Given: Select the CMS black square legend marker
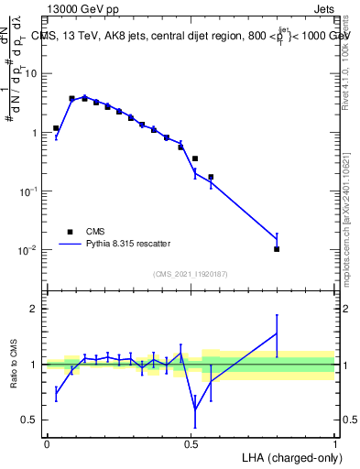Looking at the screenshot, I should pos(69,232).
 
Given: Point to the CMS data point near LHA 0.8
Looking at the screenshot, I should pos(277,249).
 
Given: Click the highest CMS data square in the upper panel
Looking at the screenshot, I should pos(72,98).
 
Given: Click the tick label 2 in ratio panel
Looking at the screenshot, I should pos(34,309).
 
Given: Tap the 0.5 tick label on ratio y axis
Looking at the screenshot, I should pos(29,420).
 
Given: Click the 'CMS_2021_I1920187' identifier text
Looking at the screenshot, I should pos(191,274).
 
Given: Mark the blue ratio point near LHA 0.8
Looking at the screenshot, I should pos(277,333).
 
